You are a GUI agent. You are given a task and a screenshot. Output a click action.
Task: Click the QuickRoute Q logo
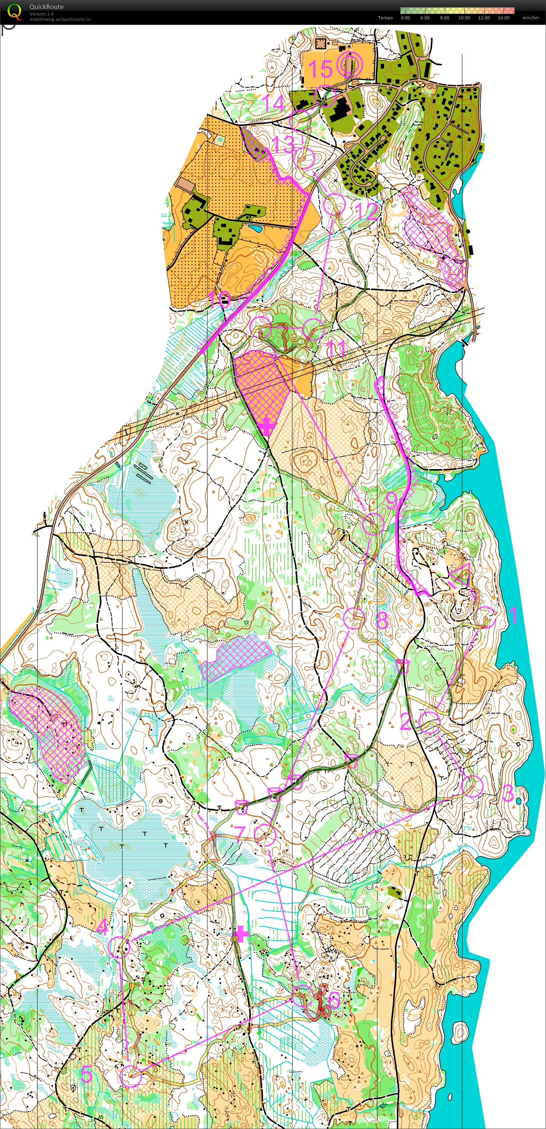(x=14, y=11)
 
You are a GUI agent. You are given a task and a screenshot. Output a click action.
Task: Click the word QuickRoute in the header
(x=46, y=6)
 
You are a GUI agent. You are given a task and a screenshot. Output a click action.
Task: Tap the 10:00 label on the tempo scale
(x=464, y=18)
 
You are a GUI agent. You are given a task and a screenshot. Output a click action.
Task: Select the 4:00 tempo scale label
(x=405, y=18)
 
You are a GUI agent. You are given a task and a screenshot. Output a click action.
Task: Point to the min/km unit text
(x=530, y=18)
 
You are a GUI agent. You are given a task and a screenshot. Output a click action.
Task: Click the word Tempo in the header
(x=385, y=18)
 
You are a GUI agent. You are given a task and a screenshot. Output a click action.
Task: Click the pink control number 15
(x=320, y=69)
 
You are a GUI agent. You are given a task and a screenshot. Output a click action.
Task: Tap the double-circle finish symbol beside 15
(x=350, y=65)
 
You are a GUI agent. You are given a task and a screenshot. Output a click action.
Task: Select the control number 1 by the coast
(x=513, y=615)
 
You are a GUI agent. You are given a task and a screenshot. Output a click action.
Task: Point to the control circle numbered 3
(x=472, y=787)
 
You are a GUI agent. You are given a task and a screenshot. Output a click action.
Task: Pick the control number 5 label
(x=86, y=1074)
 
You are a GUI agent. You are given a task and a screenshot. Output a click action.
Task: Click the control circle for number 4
(x=119, y=947)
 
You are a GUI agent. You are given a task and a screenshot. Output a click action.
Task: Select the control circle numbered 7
(x=265, y=834)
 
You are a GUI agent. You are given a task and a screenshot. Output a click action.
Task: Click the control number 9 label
(x=391, y=500)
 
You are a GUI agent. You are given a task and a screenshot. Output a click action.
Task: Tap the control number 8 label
(x=382, y=620)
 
